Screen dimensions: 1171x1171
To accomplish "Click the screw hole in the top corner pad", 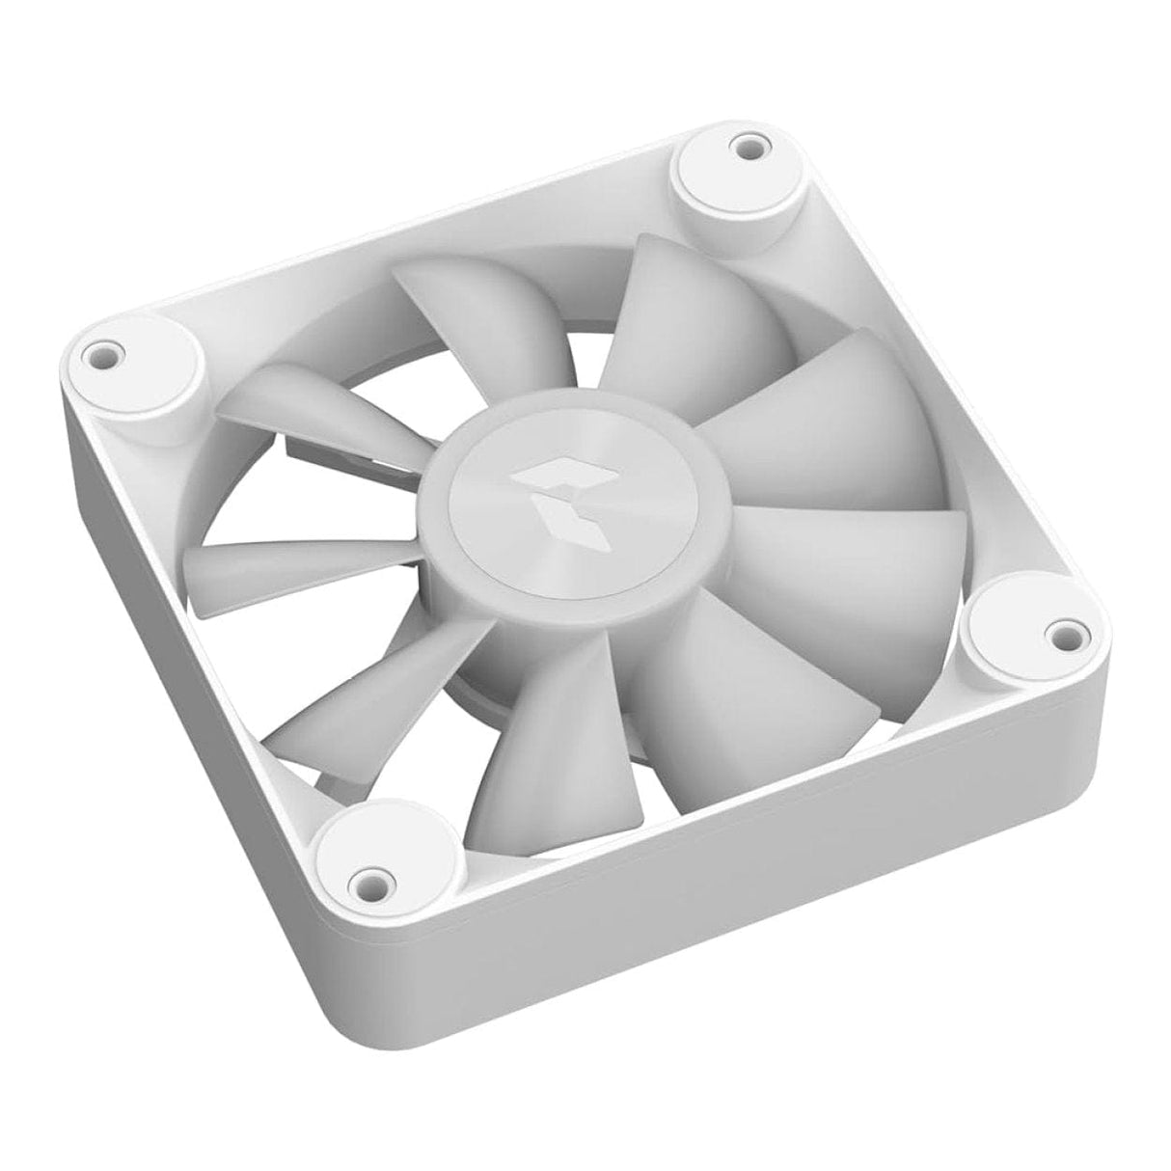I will click(x=746, y=148).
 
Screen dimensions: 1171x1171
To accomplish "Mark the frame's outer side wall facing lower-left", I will click(x=193, y=694).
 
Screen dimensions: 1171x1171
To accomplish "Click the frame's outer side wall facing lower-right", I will click(x=772, y=897).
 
